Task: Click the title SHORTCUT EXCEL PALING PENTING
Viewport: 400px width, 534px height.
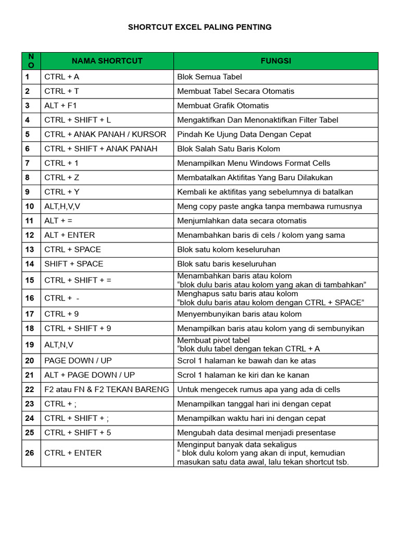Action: [199, 27]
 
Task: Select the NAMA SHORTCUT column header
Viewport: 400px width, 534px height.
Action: [107, 61]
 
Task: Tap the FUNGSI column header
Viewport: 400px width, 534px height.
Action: [276, 61]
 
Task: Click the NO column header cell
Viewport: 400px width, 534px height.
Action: [31, 61]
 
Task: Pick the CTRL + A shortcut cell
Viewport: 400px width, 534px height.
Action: [62, 77]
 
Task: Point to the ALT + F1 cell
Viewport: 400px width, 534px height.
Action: [61, 105]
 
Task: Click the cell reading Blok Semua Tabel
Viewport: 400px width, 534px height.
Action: [209, 77]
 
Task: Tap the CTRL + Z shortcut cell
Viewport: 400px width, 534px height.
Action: [61, 177]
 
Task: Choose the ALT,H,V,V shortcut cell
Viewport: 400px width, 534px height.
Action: [63, 207]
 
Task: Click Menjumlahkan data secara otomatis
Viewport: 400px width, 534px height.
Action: [242, 221]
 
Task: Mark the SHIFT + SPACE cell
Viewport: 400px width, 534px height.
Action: [74, 264]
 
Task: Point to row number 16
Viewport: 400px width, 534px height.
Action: [29, 298]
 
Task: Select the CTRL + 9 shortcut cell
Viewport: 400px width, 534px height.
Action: [61, 314]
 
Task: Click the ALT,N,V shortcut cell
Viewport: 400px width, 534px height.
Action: [59, 345]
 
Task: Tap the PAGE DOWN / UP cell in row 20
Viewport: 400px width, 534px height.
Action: [78, 360]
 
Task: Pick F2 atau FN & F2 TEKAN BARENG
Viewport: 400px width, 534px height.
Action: [107, 389]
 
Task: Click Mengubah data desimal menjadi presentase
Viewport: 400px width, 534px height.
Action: [256, 432]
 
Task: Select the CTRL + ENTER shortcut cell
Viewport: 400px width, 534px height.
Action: [73, 453]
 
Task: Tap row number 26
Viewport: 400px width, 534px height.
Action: [29, 453]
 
